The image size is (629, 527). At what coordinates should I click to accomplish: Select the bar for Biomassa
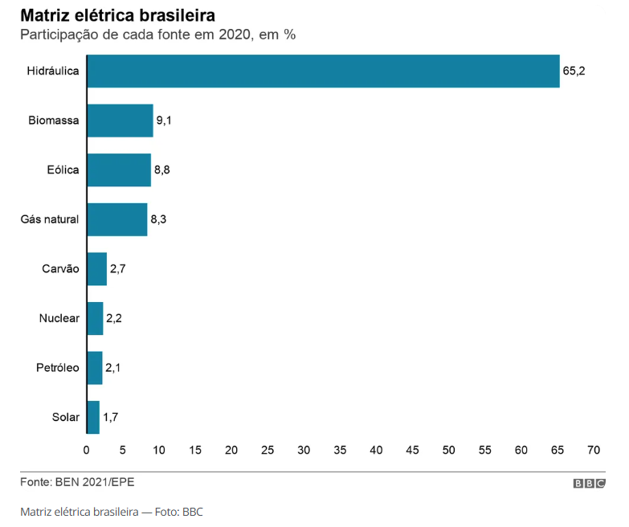tap(120, 121)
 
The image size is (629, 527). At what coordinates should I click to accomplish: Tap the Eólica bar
tap(119, 170)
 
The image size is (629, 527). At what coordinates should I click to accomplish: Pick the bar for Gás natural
tap(117, 219)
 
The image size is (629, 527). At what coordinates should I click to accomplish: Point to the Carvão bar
tap(97, 269)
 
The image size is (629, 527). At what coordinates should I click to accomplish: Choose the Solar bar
tap(93, 417)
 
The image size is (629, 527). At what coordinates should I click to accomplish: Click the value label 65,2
tap(574, 71)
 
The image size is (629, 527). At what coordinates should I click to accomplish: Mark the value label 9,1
tap(165, 121)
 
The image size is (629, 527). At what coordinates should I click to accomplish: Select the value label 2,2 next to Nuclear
tap(114, 318)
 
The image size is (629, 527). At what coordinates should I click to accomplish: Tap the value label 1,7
tap(111, 417)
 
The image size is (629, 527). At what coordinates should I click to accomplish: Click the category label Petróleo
tap(58, 368)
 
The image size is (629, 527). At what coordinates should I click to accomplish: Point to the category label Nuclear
tap(59, 318)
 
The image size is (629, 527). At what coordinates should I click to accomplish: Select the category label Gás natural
tap(50, 219)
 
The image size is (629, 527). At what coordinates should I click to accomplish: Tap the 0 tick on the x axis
tap(87, 449)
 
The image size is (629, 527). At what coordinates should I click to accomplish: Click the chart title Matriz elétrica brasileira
tap(117, 16)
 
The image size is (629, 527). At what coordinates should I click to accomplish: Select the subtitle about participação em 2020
tap(158, 35)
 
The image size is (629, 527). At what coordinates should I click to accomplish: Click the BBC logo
tap(589, 484)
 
